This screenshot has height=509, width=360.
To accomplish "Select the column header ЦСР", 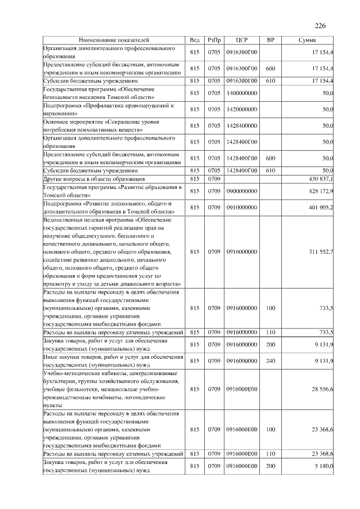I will click(x=242, y=40).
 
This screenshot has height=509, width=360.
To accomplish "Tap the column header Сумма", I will click(x=307, y=40).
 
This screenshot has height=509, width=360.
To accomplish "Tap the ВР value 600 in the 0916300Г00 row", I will click(x=270, y=69).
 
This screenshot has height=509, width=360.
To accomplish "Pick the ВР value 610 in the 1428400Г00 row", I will click(x=270, y=170).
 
